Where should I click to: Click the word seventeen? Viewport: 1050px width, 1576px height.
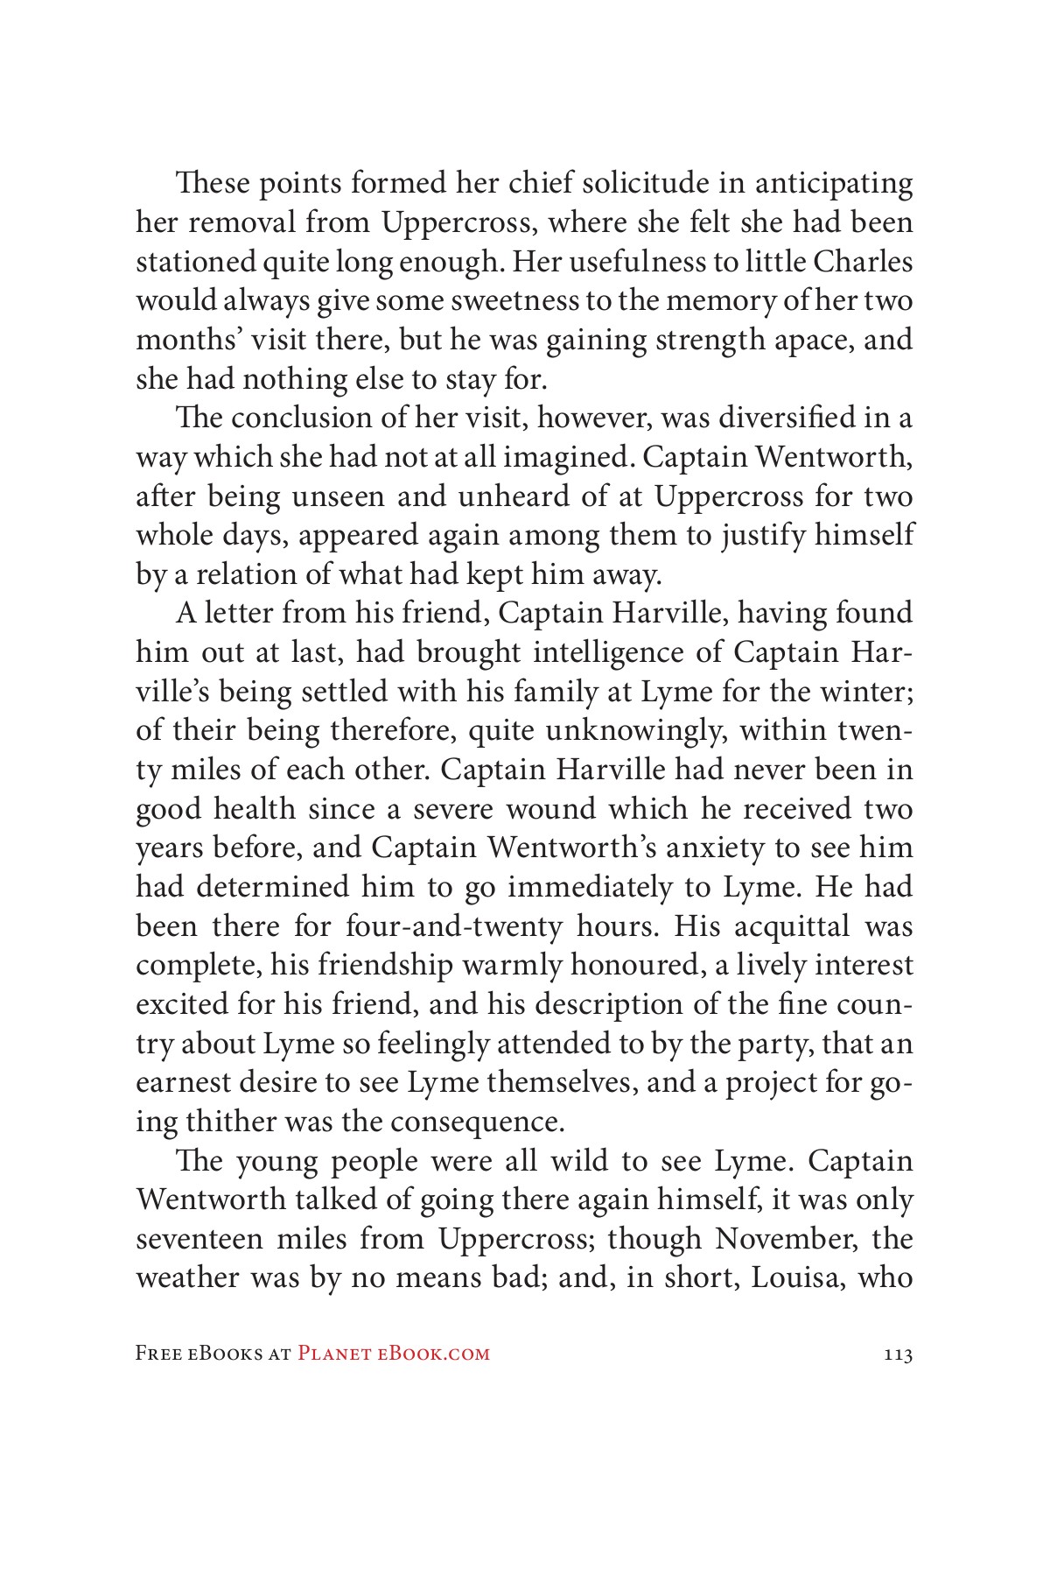[x=199, y=1239]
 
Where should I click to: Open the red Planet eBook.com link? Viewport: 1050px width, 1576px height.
[x=394, y=1354]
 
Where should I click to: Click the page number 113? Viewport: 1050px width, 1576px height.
[x=899, y=1354]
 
